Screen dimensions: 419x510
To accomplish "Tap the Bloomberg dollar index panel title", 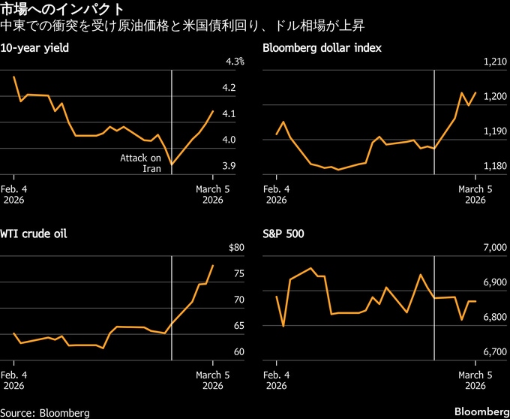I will tap(322, 48).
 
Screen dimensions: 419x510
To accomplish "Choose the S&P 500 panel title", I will tap(283, 234).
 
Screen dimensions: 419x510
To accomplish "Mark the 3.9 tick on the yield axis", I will tap(229, 166).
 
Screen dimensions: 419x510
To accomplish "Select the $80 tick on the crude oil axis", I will tap(235, 248).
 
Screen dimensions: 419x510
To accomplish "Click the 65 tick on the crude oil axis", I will tap(238, 326).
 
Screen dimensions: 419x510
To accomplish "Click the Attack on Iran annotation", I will tap(141, 163).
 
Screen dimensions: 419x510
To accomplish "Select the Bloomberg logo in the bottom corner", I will tap(480, 411).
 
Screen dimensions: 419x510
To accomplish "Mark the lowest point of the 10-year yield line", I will tap(172, 164).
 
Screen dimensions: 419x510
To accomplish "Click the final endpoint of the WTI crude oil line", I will tap(213, 265).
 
